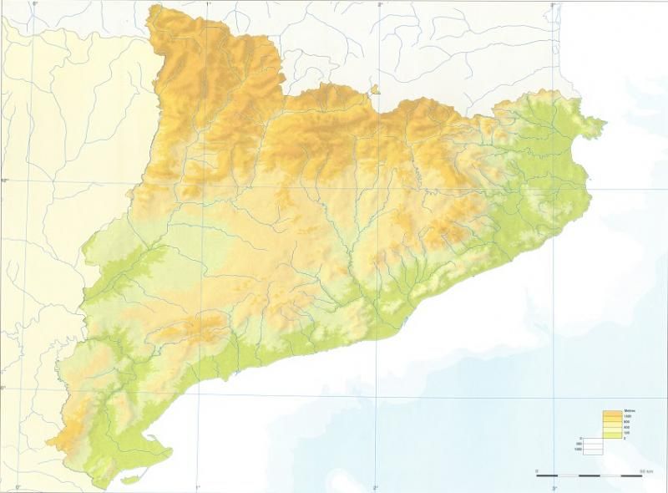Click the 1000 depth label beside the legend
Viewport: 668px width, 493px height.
tap(578, 450)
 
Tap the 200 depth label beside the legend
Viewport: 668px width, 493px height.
tap(579, 444)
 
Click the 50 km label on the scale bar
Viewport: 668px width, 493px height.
tap(645, 470)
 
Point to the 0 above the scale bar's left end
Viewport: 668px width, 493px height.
tap(537, 470)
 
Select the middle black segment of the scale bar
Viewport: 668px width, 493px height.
tap(589, 475)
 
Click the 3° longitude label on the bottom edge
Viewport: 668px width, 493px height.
tap(553, 488)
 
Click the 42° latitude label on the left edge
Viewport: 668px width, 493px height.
tap(3, 180)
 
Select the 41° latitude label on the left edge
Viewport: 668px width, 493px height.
tap(3, 388)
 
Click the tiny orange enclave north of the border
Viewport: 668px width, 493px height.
tap(375, 88)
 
